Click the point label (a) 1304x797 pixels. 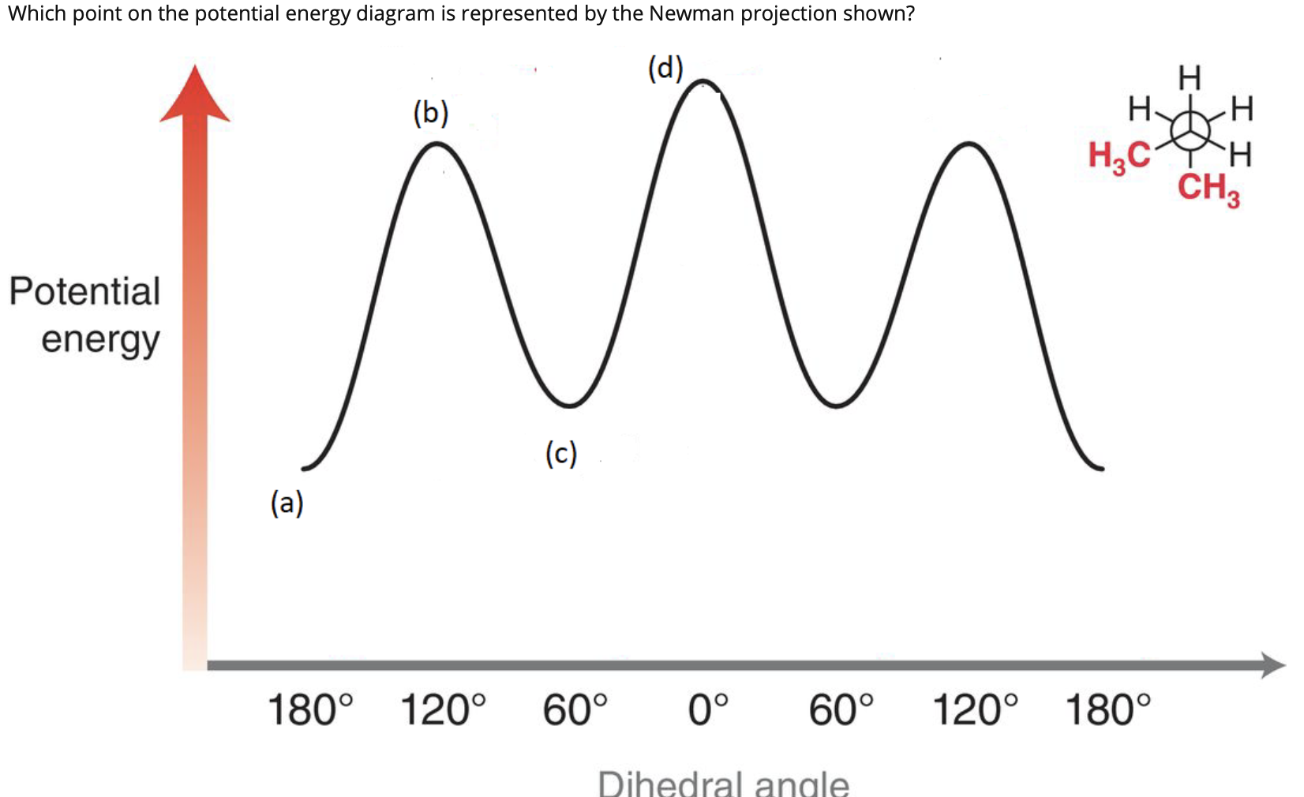click(x=287, y=503)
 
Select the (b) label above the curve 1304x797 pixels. click(x=431, y=114)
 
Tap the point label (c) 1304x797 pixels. click(x=561, y=455)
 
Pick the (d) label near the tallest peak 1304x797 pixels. click(x=665, y=69)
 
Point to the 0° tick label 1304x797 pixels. click(x=708, y=709)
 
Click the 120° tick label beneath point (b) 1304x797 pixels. click(x=443, y=709)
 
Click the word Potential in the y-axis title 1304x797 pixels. click(x=84, y=291)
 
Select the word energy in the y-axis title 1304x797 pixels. click(x=100, y=340)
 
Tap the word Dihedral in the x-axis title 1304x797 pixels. click(x=669, y=784)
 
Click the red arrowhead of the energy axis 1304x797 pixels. click(x=194, y=95)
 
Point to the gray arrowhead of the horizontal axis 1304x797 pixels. click(x=1272, y=665)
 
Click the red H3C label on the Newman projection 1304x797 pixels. click(x=1119, y=155)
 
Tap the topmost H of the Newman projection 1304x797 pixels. click(x=1189, y=78)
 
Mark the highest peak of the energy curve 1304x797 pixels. click(x=705, y=80)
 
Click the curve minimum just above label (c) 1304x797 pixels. click(x=570, y=406)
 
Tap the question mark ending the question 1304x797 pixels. click(x=910, y=13)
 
